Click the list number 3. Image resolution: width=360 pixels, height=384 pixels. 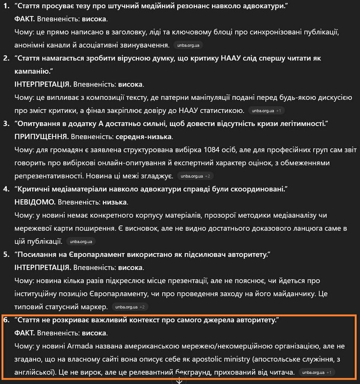pyautogui.click(x=6, y=123)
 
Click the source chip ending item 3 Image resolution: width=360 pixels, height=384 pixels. pyautogui.click(x=195, y=176)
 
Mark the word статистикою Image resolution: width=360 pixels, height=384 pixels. pyautogui.click(x=221, y=110)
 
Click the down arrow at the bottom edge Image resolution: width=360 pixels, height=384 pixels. pyautogui.click(x=179, y=380)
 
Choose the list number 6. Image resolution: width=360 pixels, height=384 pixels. pyautogui.click(x=6, y=320)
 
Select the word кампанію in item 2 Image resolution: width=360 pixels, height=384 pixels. pyautogui.click(x=35, y=71)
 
